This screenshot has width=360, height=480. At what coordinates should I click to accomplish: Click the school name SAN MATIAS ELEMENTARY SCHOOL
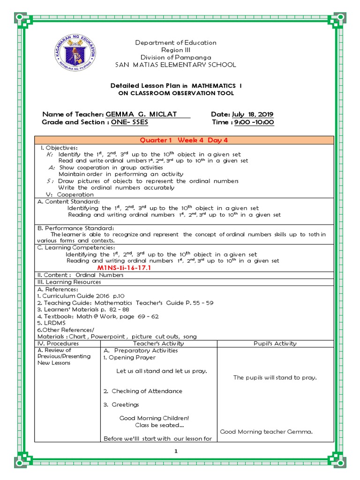176,65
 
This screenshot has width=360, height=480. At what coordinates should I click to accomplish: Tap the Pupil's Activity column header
275,343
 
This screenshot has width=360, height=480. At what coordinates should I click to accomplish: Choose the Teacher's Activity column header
159,343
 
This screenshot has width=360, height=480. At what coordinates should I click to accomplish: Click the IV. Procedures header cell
58,343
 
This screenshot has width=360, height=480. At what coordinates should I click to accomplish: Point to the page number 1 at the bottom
176,451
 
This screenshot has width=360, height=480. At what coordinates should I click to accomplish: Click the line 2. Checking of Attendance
143,391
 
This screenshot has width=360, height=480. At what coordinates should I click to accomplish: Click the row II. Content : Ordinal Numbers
80,275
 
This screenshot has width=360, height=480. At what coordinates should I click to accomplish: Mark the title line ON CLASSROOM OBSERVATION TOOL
176,93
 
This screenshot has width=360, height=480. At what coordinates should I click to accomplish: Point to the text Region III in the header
176,50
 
